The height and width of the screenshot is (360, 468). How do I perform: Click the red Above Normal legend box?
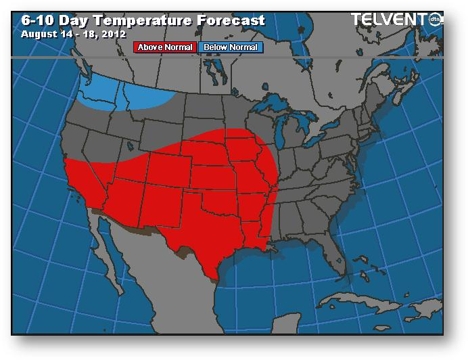pos(166,47)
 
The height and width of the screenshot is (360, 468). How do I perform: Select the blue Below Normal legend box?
pos(230,47)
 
